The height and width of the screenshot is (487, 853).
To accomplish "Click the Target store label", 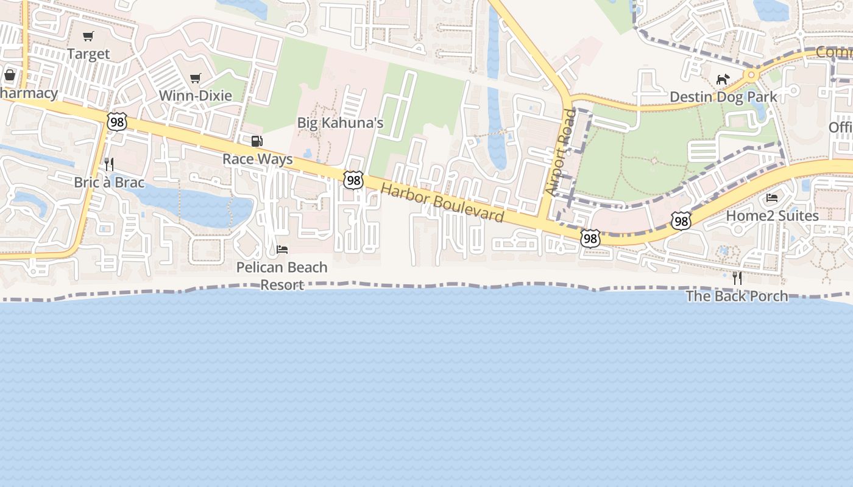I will click(88, 54).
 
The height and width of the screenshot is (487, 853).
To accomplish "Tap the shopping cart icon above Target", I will click(88, 37).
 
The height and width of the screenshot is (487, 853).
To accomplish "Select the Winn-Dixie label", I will click(195, 96).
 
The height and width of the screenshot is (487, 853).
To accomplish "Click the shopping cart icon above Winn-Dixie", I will click(195, 78).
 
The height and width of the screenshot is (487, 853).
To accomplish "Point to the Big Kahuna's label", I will click(340, 123).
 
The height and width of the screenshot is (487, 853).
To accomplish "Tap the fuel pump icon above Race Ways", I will click(257, 141).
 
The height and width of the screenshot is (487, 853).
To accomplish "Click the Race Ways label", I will click(257, 159).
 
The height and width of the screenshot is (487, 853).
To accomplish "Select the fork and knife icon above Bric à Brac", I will click(109, 164).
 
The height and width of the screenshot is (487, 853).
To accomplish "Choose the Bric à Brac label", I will click(109, 182).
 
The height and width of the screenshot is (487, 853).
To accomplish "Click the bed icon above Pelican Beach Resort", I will click(281, 250).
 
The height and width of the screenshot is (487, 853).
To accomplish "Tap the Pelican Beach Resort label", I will click(281, 276).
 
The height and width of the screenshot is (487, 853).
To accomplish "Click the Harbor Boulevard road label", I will click(442, 202).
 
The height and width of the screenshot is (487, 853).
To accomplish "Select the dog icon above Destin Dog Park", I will click(723, 79).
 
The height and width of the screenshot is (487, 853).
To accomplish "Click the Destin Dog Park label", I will click(723, 97).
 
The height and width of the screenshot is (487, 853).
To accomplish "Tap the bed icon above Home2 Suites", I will click(772, 198).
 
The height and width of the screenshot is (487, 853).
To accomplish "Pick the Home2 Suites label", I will click(772, 215).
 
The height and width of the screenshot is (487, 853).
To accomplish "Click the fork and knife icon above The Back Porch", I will click(737, 278).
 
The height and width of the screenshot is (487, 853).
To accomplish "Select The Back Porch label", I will click(737, 296).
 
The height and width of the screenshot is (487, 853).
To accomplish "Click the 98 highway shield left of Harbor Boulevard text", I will click(353, 180).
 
